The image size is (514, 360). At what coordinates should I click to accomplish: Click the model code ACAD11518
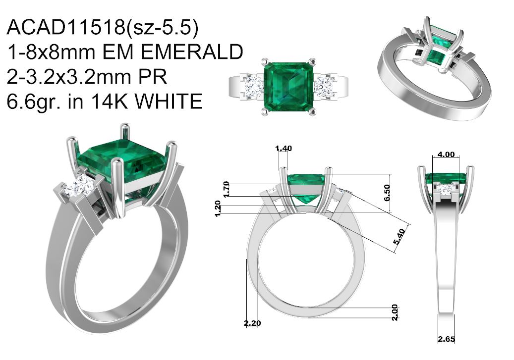point(65,27)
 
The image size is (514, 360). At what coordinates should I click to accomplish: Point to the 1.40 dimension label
point(284,149)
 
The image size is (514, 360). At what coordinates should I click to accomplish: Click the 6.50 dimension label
point(387,193)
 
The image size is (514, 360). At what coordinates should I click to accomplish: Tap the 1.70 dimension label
point(226,189)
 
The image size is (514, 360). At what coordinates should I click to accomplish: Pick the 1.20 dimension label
point(218,208)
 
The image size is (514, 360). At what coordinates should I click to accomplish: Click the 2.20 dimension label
point(252,323)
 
